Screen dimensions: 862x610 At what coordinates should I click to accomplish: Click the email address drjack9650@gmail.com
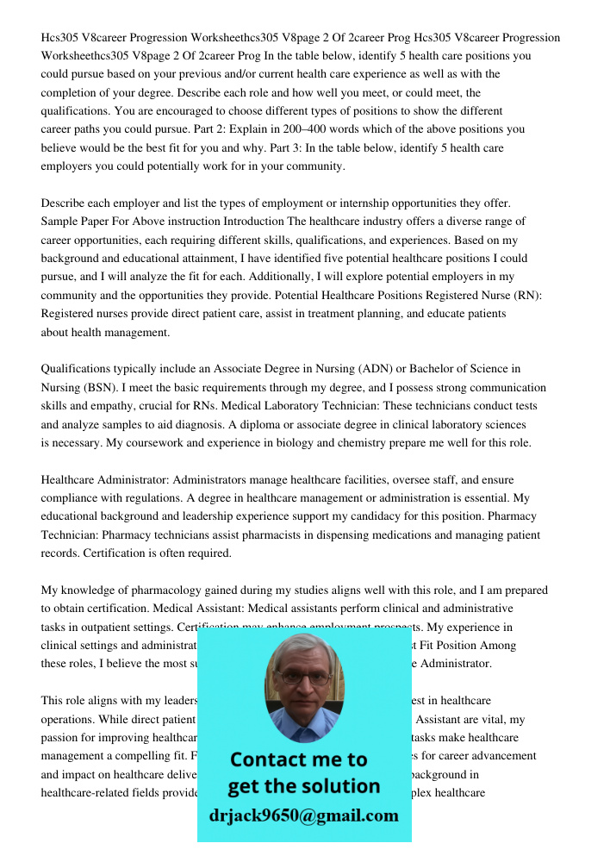(303, 815)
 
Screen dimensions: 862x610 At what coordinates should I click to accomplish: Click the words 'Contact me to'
(298, 759)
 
